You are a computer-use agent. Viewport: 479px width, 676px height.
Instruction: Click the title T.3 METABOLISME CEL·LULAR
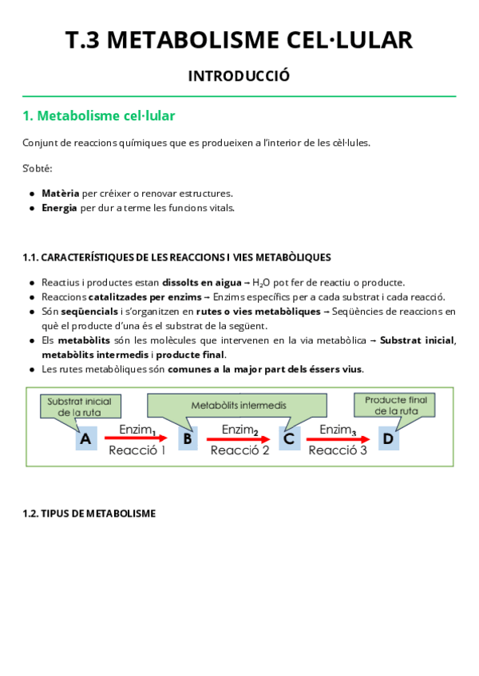[x=239, y=40]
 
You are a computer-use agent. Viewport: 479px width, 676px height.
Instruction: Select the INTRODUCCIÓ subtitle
[x=239, y=77]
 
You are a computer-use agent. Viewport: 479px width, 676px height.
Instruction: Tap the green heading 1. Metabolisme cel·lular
[x=99, y=116]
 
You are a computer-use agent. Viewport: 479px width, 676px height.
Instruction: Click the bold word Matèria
[x=61, y=194]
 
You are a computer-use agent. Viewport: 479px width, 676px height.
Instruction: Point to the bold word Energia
[x=60, y=208]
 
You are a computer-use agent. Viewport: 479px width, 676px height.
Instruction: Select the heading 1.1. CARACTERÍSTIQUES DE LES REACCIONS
[x=176, y=257]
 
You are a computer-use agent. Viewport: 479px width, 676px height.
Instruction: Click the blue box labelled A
[x=86, y=438]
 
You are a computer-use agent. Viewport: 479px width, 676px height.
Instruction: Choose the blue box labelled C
[x=289, y=438]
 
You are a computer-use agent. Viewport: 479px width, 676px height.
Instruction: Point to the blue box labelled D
[x=388, y=438]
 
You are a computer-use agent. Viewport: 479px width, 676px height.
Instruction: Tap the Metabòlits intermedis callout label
[x=239, y=405]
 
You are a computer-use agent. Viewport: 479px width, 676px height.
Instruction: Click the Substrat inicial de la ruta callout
[x=80, y=406]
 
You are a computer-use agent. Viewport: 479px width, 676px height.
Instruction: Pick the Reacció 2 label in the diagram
[x=239, y=450]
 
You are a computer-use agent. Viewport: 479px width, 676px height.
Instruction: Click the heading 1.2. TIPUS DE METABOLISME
[x=89, y=513]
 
